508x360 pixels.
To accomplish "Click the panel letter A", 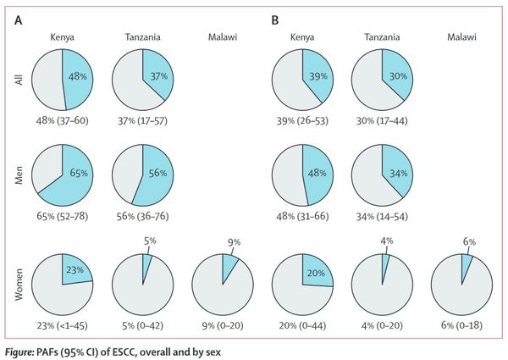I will click(19, 19).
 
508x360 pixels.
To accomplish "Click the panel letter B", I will click(273, 19).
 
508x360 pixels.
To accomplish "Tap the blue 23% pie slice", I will click(74, 270).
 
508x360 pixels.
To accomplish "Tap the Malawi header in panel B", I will click(461, 37).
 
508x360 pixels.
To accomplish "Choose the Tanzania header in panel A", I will click(140, 37).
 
